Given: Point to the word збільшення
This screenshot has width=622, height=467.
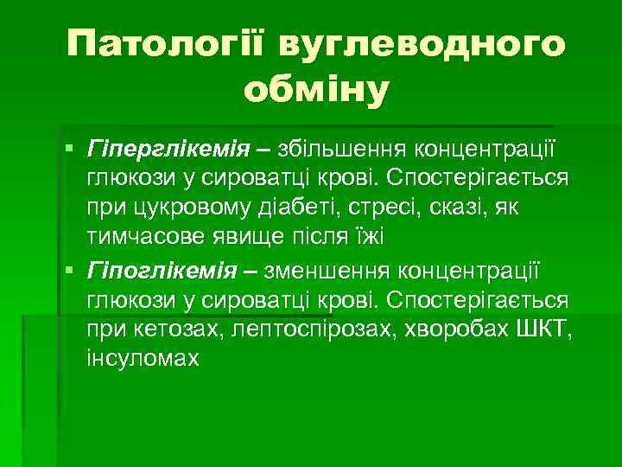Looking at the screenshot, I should click(x=341, y=150).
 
